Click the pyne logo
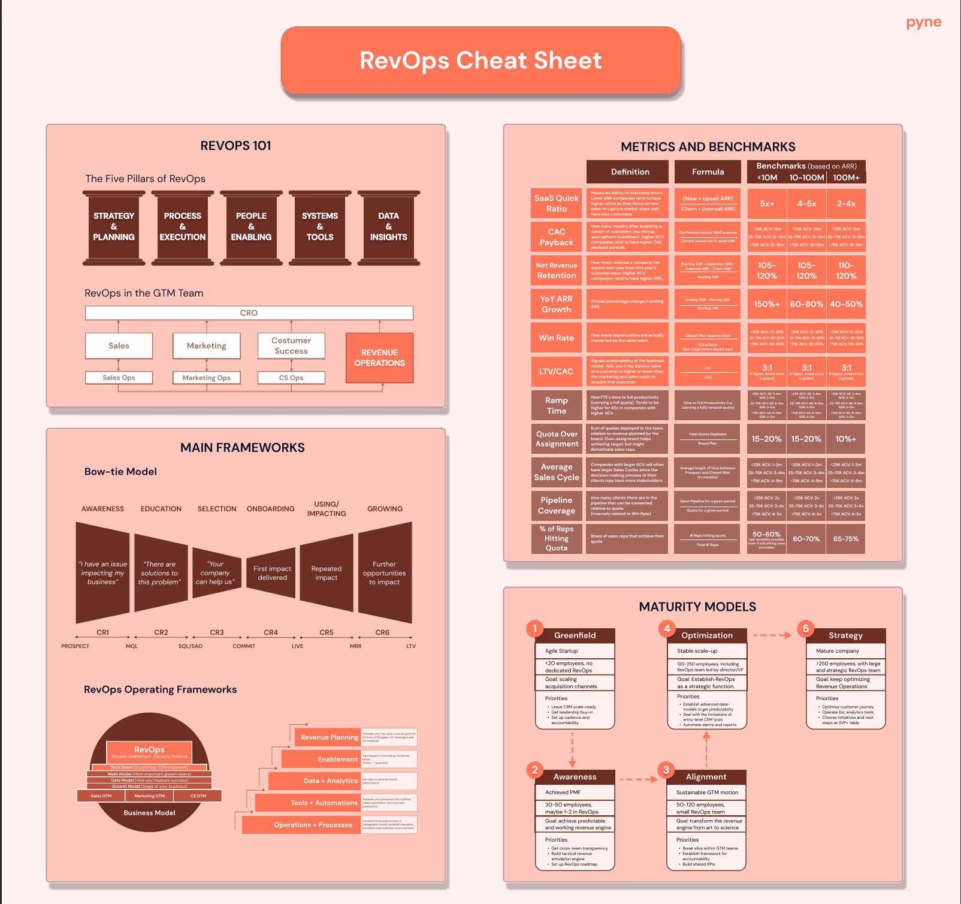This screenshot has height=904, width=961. click(x=923, y=23)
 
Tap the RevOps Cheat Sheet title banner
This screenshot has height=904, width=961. click(x=480, y=61)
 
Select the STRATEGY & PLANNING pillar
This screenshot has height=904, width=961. click(x=114, y=227)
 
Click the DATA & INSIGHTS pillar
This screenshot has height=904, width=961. click(x=388, y=227)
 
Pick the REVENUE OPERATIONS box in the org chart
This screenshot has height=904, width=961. click(x=379, y=358)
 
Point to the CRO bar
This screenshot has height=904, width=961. click(x=249, y=313)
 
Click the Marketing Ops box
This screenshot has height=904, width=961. click(x=206, y=378)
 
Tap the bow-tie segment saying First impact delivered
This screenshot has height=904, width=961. click(x=272, y=573)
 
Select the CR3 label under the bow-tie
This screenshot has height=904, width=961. click(x=217, y=632)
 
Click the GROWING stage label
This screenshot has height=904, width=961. click(x=385, y=509)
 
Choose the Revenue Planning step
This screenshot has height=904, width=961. click(x=329, y=737)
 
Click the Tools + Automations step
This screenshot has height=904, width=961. click(x=324, y=803)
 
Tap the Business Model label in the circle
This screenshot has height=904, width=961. click(x=149, y=813)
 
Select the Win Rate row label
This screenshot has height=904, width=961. click(x=556, y=338)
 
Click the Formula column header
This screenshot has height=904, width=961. click(x=708, y=172)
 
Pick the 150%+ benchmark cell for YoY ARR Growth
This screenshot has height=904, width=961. click(x=766, y=305)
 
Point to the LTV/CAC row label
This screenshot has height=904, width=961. click(x=556, y=372)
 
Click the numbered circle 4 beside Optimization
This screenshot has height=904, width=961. click(x=667, y=628)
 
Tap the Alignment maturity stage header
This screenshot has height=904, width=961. click(x=706, y=777)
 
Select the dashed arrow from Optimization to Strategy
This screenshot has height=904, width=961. click(x=772, y=635)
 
